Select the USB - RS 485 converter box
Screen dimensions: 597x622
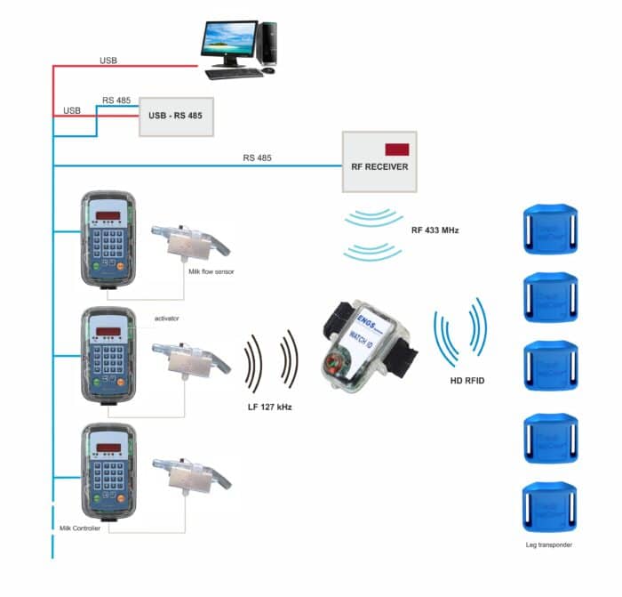(x=177, y=117)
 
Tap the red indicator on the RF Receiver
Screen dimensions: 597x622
(x=396, y=149)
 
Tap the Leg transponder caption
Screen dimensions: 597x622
(x=549, y=544)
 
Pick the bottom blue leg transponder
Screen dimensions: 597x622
(x=548, y=507)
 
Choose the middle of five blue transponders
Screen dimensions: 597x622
(x=548, y=367)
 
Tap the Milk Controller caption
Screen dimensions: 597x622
(x=77, y=528)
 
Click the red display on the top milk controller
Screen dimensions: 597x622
(x=108, y=215)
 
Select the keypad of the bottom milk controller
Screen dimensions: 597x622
(x=107, y=476)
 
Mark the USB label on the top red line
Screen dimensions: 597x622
(x=108, y=61)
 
